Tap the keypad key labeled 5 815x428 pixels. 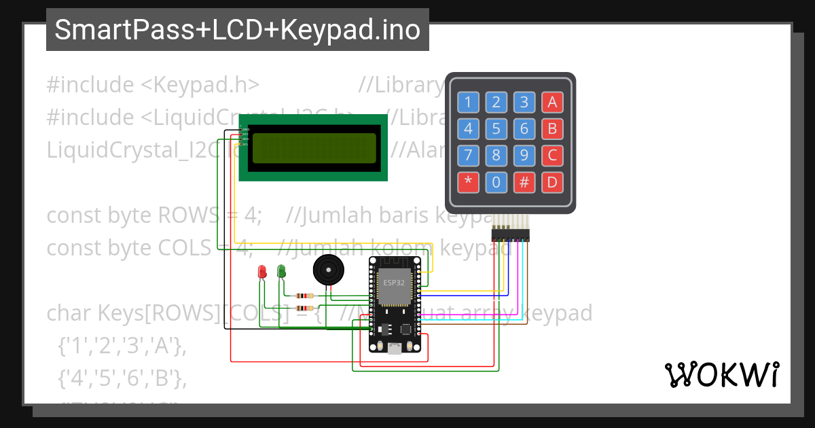496,128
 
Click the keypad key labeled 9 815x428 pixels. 524,156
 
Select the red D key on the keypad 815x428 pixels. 552,182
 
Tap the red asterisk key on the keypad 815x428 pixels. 468,182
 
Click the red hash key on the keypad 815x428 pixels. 524,182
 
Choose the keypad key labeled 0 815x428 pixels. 496,182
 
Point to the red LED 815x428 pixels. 262,272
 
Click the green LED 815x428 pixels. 281,272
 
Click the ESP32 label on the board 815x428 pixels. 394,283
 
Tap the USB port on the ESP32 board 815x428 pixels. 394,349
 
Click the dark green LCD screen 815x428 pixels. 314,149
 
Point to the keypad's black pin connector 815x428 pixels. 510,235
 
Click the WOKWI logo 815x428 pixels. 721,374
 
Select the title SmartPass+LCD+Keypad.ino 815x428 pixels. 237,30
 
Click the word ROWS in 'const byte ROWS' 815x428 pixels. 185,215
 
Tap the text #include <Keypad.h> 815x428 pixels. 153,85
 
